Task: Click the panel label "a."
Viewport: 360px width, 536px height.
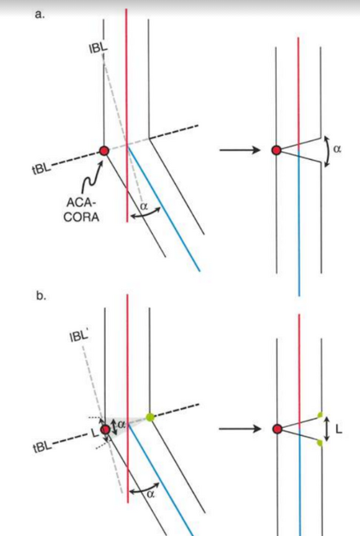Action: tap(40, 15)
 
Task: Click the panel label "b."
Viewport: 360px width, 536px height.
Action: tap(41, 296)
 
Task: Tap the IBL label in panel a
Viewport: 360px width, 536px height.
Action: tap(98, 48)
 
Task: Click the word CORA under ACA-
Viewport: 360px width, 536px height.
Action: tap(82, 217)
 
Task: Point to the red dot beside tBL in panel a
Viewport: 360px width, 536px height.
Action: tap(104, 150)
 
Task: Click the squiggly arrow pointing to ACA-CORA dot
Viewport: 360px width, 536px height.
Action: tap(91, 179)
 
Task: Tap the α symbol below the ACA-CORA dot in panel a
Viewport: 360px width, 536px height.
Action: tap(144, 206)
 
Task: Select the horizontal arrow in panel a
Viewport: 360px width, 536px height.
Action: tap(240, 150)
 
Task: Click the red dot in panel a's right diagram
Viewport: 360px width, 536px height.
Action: tap(276, 150)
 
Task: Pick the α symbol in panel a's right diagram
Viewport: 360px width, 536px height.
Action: tap(337, 149)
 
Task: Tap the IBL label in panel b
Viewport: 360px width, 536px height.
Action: tap(79, 336)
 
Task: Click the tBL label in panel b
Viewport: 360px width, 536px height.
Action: tap(42, 447)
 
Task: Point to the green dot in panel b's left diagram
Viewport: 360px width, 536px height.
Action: tap(150, 417)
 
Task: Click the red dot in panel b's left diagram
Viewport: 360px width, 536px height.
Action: tap(106, 430)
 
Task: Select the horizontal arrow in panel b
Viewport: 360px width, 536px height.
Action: tap(240, 429)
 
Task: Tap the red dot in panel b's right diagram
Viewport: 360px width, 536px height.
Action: tap(278, 429)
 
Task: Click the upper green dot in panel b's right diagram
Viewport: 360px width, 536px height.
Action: tap(320, 415)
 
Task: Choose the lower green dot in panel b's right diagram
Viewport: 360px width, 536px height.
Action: tap(320, 443)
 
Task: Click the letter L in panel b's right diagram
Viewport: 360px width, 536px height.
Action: tap(339, 430)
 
